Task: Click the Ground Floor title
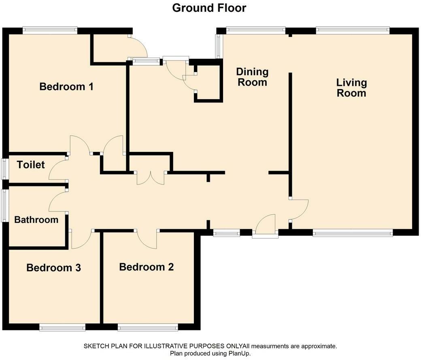pos(209,8)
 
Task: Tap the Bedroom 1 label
pos(66,87)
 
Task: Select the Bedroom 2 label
pos(146,267)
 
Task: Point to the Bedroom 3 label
pos(53,268)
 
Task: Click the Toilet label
pos(31,164)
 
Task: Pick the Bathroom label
pos(36,219)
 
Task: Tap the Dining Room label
pos(252,77)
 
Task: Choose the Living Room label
pos(351,88)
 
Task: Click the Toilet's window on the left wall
pos(4,169)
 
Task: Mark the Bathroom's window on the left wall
pos(4,206)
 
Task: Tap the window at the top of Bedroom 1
pos(50,30)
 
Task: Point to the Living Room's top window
pos(353,30)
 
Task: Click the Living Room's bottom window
pos(353,233)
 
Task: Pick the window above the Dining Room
pos(255,30)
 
